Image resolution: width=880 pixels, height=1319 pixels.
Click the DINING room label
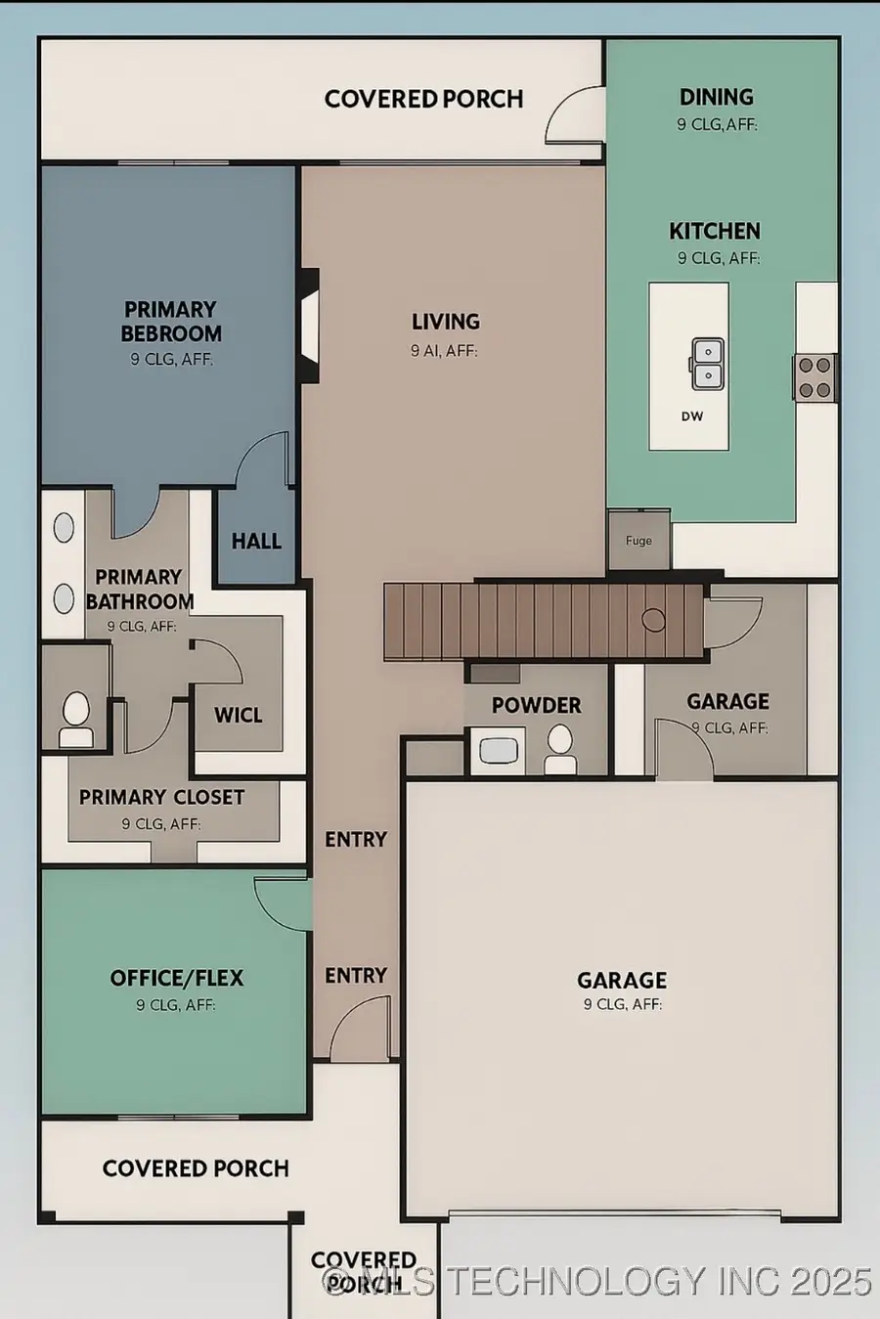[x=716, y=97]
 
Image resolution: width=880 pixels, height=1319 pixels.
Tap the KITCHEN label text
[x=714, y=232]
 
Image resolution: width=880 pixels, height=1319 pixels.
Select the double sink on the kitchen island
[x=708, y=364]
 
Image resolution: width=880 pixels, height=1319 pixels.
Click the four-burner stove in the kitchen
[x=814, y=377]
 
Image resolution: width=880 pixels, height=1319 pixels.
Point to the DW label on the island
[x=691, y=417]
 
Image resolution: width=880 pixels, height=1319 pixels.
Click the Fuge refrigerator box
[x=638, y=540]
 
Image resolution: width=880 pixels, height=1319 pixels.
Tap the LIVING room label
[x=445, y=322]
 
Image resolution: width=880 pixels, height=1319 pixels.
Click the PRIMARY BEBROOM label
[x=170, y=322]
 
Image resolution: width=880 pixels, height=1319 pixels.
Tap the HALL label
[x=256, y=542]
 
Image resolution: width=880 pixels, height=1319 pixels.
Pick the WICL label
[x=238, y=716]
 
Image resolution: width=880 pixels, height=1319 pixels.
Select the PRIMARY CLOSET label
[x=161, y=798]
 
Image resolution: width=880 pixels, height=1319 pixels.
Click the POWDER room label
[x=536, y=706]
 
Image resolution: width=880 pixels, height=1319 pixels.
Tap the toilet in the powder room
[x=560, y=748]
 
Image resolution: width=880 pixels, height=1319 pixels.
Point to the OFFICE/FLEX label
[x=176, y=979]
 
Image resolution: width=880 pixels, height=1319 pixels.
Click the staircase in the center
[x=543, y=620]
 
